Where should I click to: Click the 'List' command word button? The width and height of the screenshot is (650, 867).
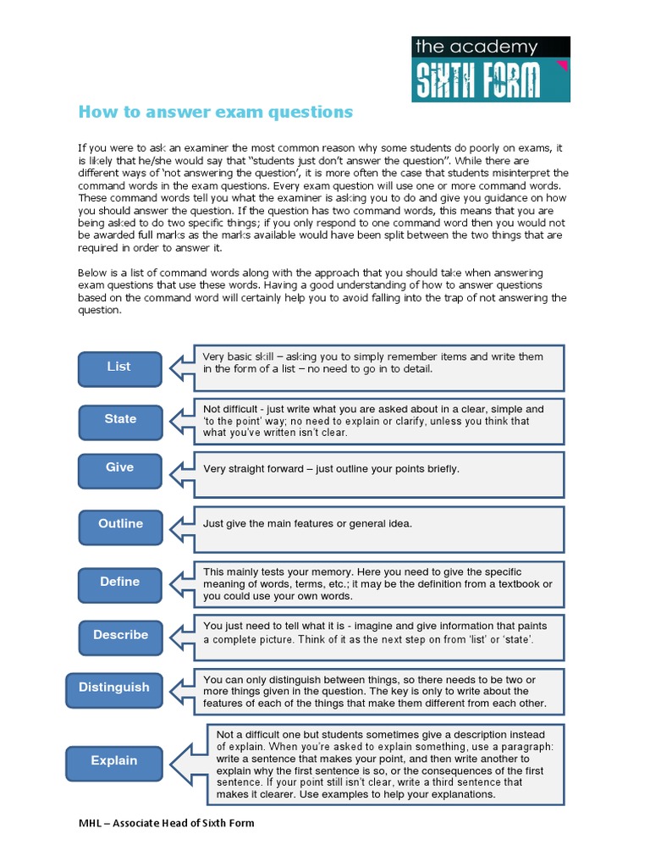(119, 367)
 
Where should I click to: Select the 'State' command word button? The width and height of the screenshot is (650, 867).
(120, 420)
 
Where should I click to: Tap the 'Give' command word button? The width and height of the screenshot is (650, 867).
(119, 468)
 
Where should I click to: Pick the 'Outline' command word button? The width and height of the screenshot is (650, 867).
(120, 525)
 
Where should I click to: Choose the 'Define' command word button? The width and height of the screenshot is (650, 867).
(119, 583)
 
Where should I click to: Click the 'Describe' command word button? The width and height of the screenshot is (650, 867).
(120, 636)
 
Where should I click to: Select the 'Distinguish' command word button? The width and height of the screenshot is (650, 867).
(113, 688)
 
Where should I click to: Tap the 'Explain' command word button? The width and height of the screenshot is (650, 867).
(113, 762)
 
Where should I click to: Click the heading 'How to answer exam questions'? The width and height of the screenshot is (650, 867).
(215, 113)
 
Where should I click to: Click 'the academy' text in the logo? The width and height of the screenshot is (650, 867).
(476, 47)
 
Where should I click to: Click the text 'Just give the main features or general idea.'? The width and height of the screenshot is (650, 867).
(307, 524)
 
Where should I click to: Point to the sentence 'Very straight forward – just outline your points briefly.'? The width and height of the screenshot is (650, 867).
(331, 469)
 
